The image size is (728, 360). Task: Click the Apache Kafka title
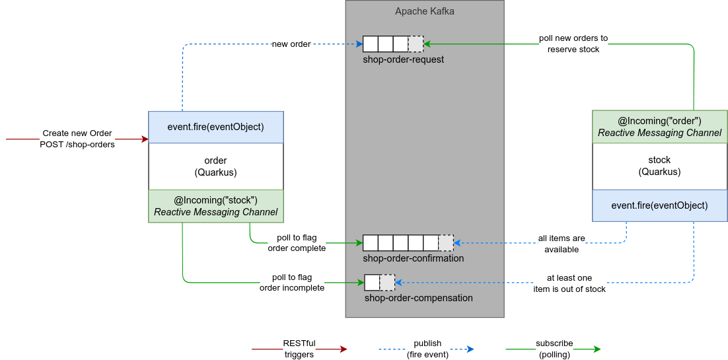point(424,11)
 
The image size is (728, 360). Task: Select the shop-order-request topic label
point(403,59)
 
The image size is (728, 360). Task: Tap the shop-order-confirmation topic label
point(413,258)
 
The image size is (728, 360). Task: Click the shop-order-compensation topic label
point(418,298)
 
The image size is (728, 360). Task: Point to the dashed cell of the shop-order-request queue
point(416,44)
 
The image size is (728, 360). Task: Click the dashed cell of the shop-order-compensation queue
point(387,283)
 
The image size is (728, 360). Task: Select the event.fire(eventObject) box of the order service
point(216,127)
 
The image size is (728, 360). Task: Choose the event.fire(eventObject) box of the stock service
point(659,205)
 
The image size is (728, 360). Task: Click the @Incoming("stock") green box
point(216,206)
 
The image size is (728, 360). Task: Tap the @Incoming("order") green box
point(659,127)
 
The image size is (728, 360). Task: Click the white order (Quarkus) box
point(216,166)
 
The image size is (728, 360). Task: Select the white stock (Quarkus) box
point(659,166)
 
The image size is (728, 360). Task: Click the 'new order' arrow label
point(291,44)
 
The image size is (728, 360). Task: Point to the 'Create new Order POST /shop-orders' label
point(77,139)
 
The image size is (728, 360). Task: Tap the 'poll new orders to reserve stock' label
point(573,44)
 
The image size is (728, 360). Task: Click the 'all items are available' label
point(561,244)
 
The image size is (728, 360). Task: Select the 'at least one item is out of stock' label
point(569,283)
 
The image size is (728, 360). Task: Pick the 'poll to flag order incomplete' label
point(291,282)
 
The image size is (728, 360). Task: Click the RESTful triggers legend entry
point(299,348)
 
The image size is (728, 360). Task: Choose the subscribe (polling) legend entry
point(554,348)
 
